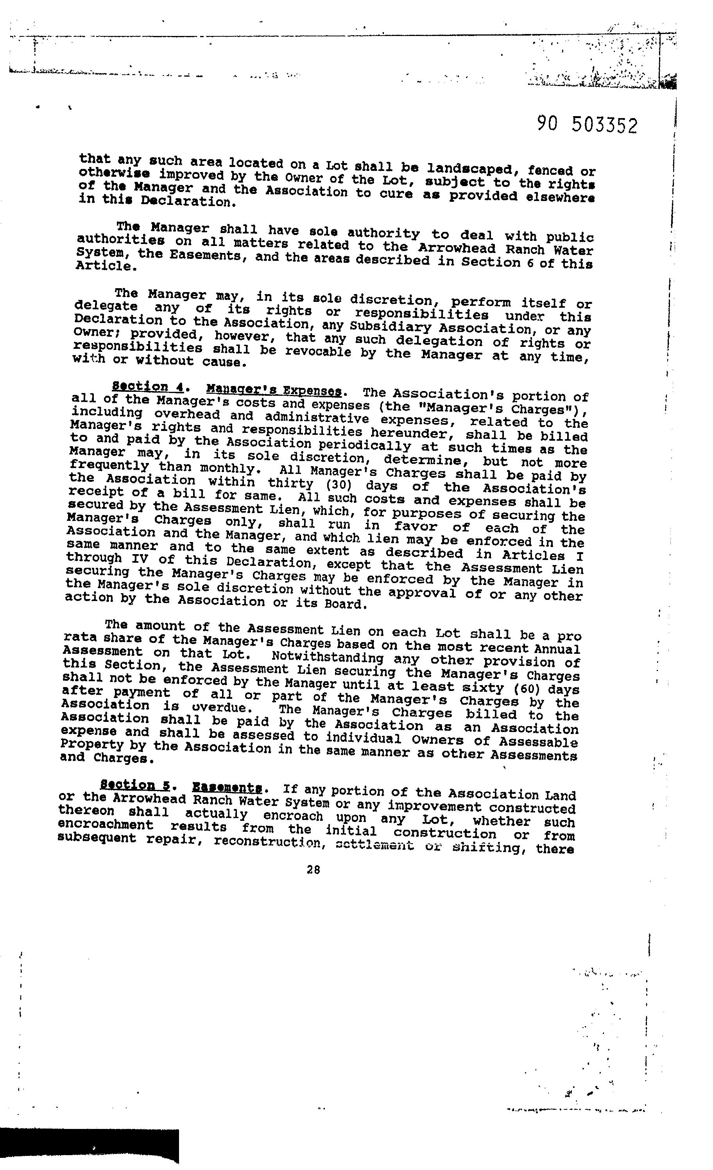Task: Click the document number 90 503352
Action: point(588,125)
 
